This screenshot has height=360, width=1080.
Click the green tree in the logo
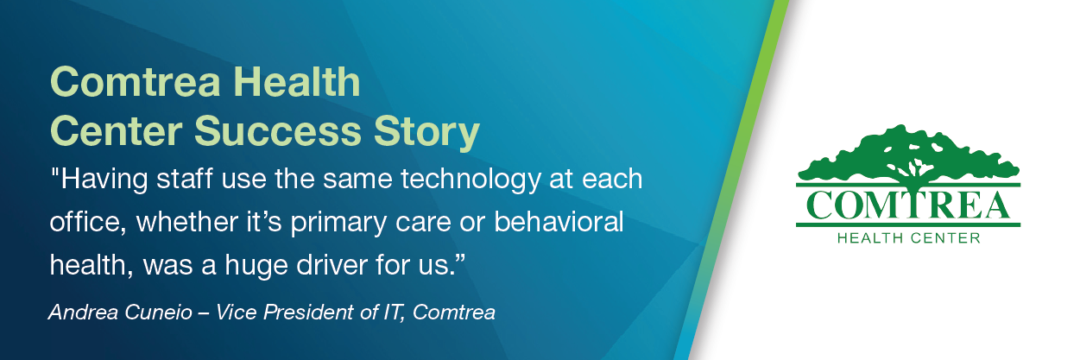907,155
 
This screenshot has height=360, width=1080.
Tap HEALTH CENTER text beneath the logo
908,238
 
